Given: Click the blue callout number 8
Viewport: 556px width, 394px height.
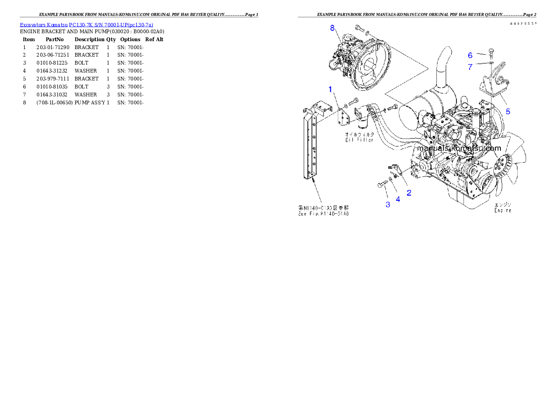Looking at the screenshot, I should click(x=333, y=28).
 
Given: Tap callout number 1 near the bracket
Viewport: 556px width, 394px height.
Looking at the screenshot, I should click(x=330, y=88).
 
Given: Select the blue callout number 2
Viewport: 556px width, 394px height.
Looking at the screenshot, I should click(x=409, y=192).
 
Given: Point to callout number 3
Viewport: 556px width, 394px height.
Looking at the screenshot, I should click(x=387, y=204).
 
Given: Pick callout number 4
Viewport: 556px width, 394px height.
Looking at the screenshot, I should click(x=398, y=199).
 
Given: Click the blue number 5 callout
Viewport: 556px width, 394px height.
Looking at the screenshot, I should click(x=508, y=111).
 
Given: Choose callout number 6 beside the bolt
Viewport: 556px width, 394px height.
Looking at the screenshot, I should click(x=470, y=55).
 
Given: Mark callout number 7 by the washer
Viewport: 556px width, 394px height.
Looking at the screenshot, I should click(x=470, y=67).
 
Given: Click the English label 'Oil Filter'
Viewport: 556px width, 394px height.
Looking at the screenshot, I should click(x=359, y=139).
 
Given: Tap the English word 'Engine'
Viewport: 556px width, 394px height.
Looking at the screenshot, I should click(x=503, y=211).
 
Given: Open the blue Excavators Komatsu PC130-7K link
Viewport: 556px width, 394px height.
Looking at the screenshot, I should click(x=86, y=24).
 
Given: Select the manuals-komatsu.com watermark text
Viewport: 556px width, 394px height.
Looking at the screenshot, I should click(x=459, y=148).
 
